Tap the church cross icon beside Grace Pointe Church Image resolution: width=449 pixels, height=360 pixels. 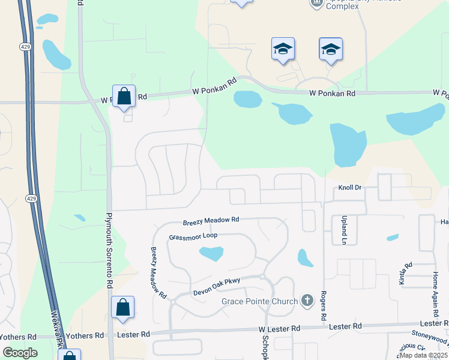(x=307, y=300)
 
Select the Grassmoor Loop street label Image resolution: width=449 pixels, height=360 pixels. (x=193, y=236)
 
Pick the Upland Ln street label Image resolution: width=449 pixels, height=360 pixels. (x=345, y=230)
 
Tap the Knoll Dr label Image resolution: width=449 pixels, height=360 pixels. (x=351, y=188)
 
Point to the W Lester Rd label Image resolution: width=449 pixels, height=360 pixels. (x=279, y=329)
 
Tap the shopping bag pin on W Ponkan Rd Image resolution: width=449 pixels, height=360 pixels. (x=124, y=96)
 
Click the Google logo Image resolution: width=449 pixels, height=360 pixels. (x=20, y=353)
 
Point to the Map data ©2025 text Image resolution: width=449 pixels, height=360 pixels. (x=423, y=355)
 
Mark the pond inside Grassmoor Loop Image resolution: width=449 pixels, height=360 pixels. (x=211, y=254)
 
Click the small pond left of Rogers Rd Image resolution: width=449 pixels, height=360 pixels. (x=305, y=258)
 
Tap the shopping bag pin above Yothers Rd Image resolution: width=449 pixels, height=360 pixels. (x=122, y=308)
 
